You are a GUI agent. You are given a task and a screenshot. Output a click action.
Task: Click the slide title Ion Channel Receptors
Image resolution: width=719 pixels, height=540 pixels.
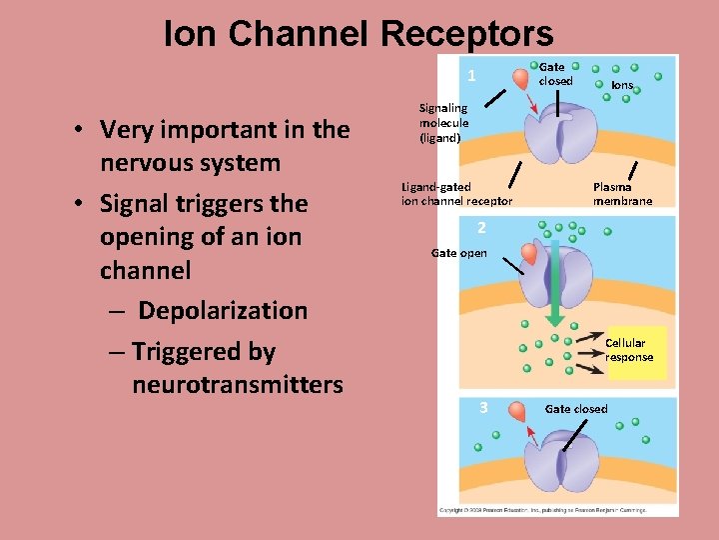359,34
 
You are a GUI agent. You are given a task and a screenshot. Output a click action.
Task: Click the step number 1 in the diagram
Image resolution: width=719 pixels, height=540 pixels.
471,77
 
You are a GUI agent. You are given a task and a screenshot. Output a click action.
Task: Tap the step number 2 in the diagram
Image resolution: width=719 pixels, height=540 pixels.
480,227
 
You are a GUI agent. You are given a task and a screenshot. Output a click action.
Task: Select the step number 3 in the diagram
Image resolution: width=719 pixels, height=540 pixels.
483,407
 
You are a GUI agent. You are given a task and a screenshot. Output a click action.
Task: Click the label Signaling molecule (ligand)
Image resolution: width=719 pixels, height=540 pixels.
442,123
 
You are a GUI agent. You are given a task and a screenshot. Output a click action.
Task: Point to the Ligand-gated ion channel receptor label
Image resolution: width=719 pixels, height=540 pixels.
456,194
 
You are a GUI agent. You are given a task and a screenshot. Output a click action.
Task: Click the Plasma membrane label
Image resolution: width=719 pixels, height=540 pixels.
622,194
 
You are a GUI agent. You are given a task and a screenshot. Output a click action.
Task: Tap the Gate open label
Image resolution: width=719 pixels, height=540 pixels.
459,253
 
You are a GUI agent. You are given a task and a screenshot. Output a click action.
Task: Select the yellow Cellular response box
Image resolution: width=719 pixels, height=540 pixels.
635,351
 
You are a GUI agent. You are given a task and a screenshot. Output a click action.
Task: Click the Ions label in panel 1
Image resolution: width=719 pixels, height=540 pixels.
621,86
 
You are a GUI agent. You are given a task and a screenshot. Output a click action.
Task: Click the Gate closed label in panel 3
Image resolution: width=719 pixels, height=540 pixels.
576,409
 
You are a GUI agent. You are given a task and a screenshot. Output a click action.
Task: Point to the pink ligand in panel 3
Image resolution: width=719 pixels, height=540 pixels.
517,412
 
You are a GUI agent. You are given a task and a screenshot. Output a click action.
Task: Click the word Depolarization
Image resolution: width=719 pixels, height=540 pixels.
222,310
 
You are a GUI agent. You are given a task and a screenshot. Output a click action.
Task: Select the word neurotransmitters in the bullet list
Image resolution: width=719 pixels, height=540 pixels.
237,385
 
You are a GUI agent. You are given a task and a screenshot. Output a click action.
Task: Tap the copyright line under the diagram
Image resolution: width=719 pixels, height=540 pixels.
541,510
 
